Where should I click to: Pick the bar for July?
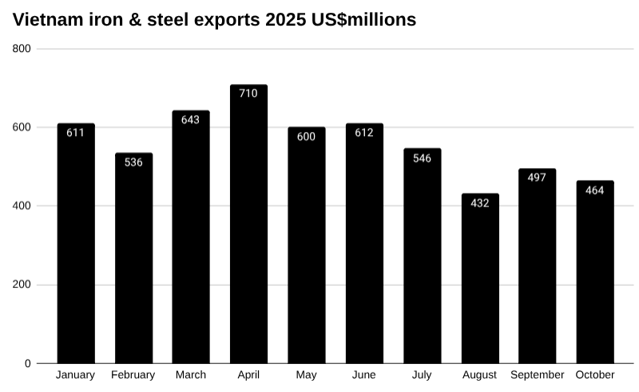pyautogui.click(x=422, y=256)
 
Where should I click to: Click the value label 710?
pyautogui.click(x=248, y=94)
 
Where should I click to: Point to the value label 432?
pyautogui.click(x=479, y=203)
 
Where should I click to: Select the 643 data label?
pyautogui.click(x=191, y=120)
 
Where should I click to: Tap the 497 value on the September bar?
pyautogui.click(x=537, y=178)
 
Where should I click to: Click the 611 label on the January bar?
pyautogui.click(x=75, y=133)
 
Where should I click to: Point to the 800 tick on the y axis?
pyautogui.click(x=22, y=49)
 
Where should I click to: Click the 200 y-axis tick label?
pyautogui.click(x=22, y=285)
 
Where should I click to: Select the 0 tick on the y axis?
pyautogui.click(x=27, y=363)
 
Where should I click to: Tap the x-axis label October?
pyautogui.click(x=595, y=375)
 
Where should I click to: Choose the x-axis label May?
pyautogui.click(x=306, y=375)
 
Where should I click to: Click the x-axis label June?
pyautogui.click(x=364, y=375)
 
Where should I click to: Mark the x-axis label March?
pyautogui.click(x=191, y=375)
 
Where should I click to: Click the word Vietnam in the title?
pyautogui.click(x=46, y=20)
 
